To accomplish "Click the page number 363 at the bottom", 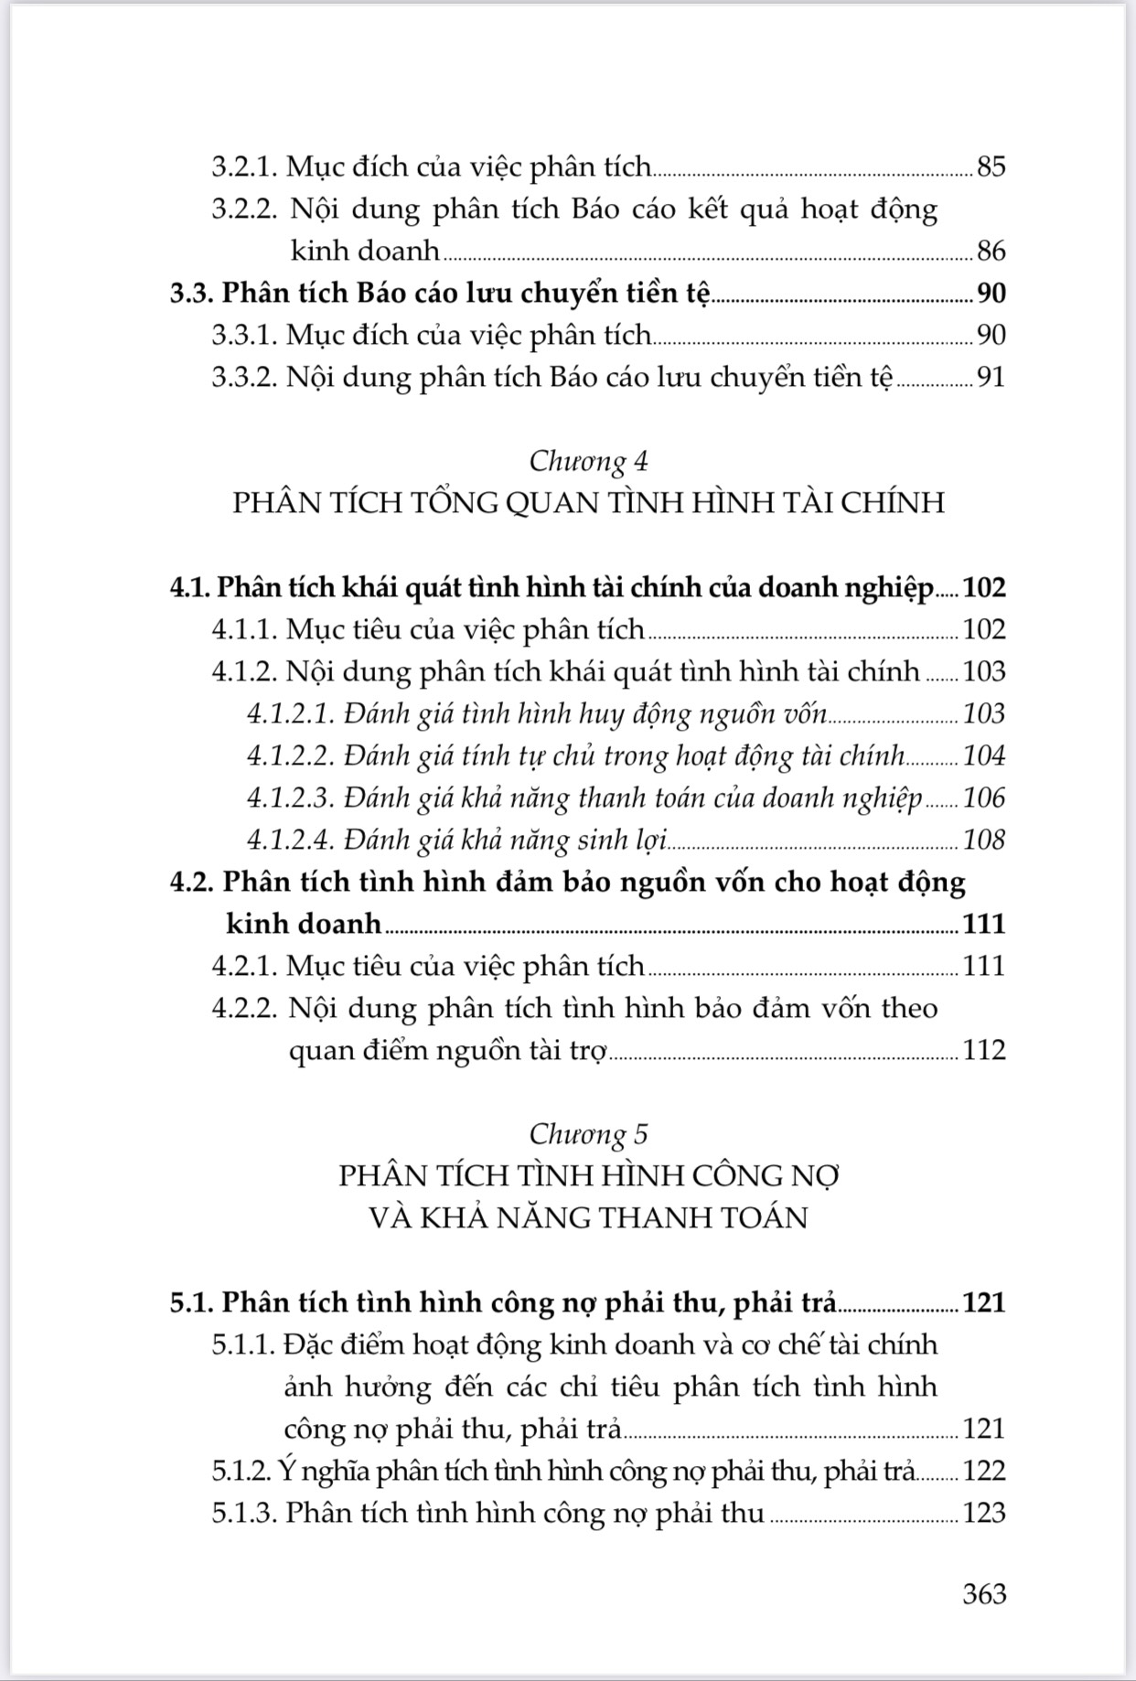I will pyautogui.click(x=984, y=1593).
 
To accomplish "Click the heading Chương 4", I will pyautogui.click(x=588, y=461).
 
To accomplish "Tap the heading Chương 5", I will pyautogui.click(x=588, y=1134).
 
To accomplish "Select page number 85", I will pyautogui.click(x=991, y=166).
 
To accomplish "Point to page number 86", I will pyautogui.click(x=991, y=251).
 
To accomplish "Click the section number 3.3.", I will pyautogui.click(x=191, y=293).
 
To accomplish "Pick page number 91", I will pyautogui.click(x=991, y=377).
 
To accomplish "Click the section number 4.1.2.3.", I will pyautogui.click(x=292, y=798).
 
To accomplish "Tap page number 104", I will pyautogui.click(x=984, y=755).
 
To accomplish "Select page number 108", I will pyautogui.click(x=984, y=840).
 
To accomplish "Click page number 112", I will pyautogui.click(x=984, y=1050).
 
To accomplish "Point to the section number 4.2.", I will pyautogui.click(x=191, y=882).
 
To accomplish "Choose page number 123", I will pyautogui.click(x=984, y=1513).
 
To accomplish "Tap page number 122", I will pyautogui.click(x=984, y=1471).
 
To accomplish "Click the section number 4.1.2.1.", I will pyautogui.click(x=292, y=713).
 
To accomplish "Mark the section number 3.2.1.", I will pyautogui.click(x=244, y=166).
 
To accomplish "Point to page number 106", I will pyautogui.click(x=984, y=798).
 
